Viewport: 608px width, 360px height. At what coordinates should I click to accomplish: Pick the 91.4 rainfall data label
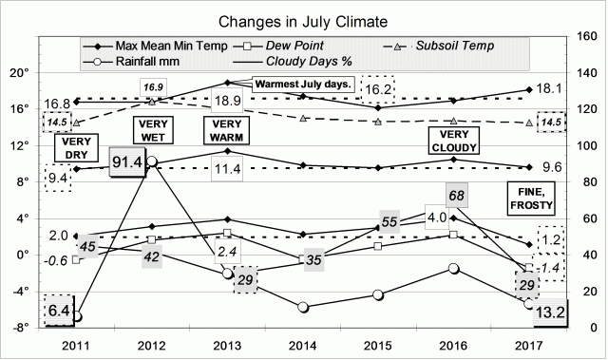126,162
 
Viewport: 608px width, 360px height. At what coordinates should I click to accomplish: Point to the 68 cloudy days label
456,197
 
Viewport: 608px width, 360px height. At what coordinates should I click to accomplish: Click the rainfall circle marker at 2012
152,161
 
